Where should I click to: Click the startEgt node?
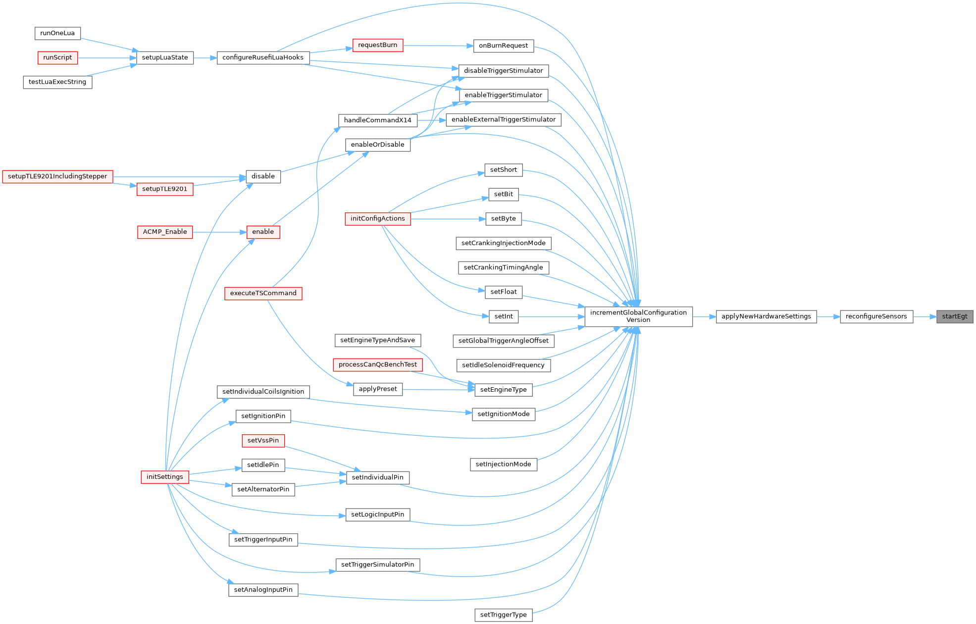pos(954,316)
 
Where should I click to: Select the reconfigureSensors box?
pos(876,316)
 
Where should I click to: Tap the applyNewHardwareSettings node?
pos(766,316)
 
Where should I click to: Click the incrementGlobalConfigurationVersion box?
pos(638,316)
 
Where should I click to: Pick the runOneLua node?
pos(57,33)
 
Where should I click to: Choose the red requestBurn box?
pos(377,45)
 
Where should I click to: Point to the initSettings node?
pos(164,477)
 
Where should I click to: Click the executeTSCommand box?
pos(263,293)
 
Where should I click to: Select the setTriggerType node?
pos(503,615)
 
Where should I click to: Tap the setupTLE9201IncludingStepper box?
pos(57,176)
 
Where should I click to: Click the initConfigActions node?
pos(377,218)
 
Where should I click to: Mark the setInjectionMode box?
pos(503,464)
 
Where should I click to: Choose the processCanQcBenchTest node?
pos(377,364)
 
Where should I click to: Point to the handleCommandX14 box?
pos(377,120)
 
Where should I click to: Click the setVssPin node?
pos(263,440)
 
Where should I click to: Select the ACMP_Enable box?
pos(165,232)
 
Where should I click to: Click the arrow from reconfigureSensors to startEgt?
pos(925,316)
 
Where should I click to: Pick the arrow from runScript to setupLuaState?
pos(107,58)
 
